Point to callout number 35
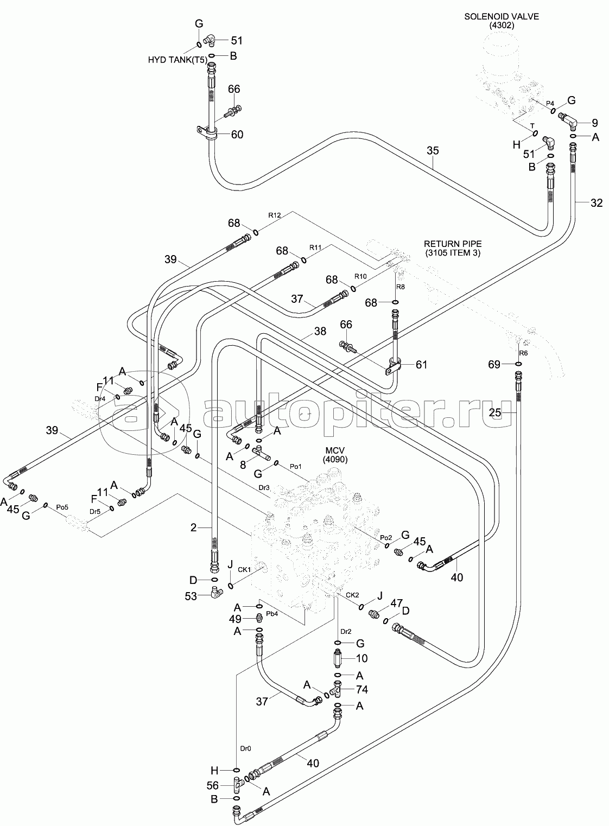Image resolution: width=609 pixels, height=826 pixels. coord(432,150)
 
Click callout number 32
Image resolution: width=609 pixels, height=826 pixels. coord(597,204)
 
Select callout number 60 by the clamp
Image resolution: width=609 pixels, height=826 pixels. coord(237,135)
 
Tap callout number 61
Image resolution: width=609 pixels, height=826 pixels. coord(421,365)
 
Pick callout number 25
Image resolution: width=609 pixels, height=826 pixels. coord(495,413)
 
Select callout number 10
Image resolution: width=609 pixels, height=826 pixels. coord(361,658)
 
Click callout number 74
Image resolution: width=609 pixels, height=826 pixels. coord(362,689)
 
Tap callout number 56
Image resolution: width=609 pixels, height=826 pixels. coord(213,785)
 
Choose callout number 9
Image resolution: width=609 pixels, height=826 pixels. coord(595,122)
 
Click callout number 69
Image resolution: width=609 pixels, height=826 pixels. coord(494,365)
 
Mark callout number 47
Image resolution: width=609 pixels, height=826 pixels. coord(396,603)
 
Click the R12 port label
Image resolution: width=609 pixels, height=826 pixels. coord(274,215)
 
